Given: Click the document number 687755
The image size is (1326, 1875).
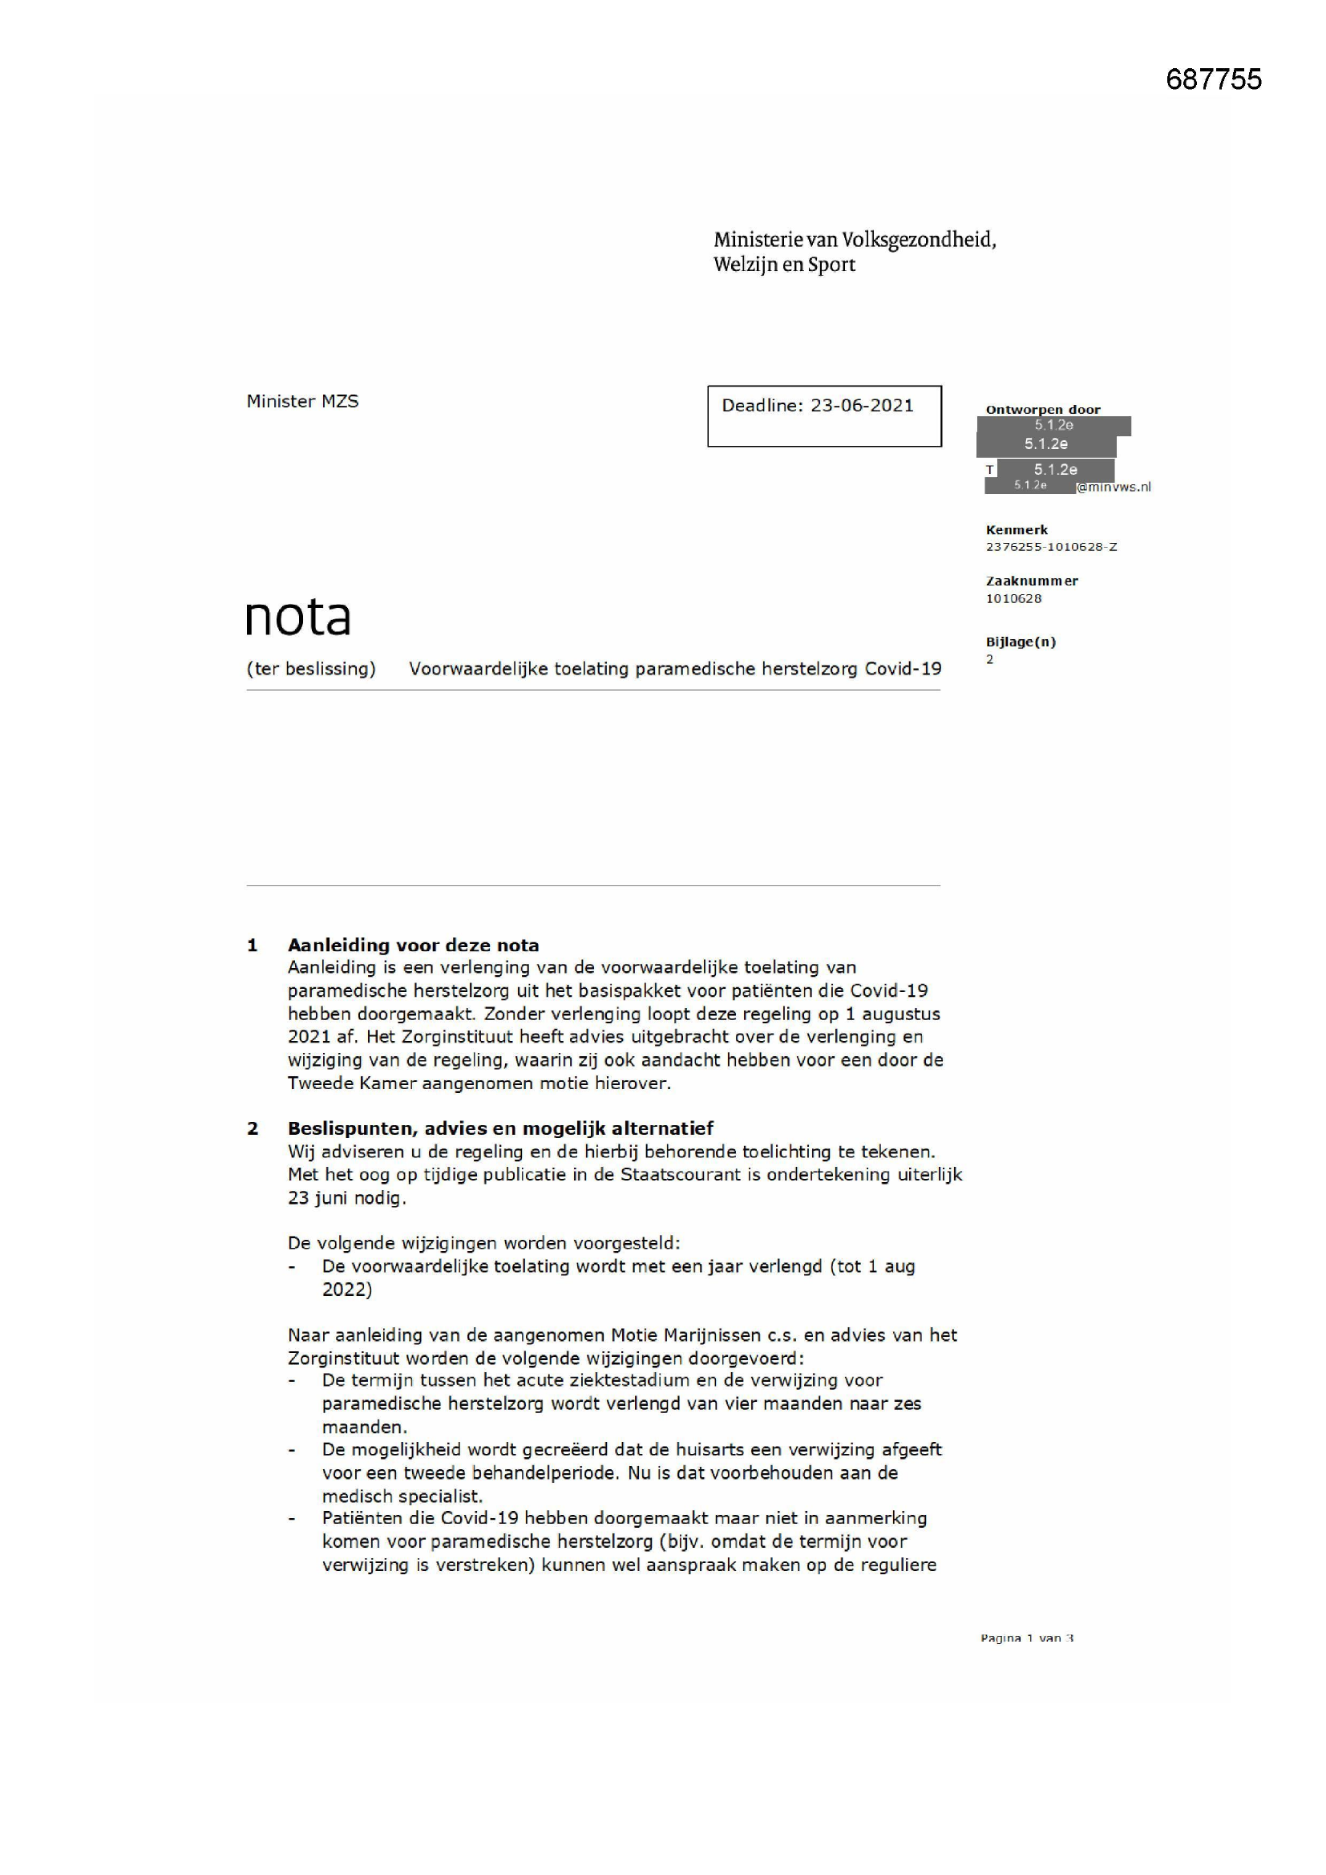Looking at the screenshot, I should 1213,79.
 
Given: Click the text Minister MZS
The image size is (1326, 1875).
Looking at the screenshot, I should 302,401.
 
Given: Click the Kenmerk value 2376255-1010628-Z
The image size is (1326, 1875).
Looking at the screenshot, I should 1051,547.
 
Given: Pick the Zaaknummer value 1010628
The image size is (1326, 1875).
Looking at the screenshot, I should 1013,598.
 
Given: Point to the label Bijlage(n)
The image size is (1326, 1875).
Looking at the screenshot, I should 1021,642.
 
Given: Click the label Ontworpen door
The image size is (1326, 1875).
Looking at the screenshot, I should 1043,409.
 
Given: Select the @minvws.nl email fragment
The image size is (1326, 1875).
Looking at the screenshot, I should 1114,488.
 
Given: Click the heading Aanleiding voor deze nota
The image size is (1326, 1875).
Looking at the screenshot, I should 413,945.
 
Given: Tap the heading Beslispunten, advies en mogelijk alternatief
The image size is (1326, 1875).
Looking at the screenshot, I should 499,1128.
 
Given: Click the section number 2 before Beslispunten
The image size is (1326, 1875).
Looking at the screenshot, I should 253,1128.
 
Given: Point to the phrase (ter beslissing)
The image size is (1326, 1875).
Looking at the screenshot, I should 311,669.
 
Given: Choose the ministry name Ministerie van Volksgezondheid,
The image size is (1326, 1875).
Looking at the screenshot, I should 854,240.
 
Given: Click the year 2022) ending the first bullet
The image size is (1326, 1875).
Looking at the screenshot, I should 347,1290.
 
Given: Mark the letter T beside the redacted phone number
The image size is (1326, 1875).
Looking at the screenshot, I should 989,470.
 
